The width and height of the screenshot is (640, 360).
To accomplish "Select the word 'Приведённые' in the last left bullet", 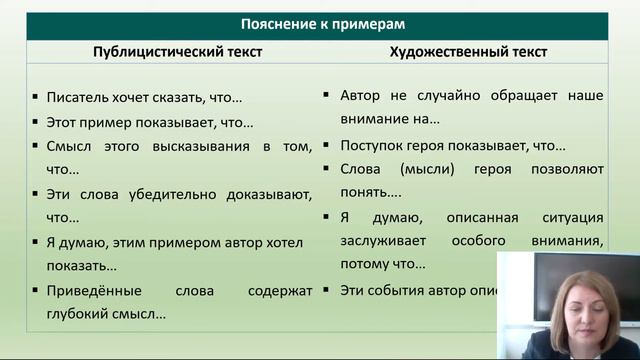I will click(92, 291).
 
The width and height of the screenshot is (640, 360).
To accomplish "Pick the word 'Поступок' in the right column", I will click(371, 145).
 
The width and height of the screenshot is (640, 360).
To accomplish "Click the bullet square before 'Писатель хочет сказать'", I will click(35, 98).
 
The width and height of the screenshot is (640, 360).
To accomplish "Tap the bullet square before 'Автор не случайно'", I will click(326, 96).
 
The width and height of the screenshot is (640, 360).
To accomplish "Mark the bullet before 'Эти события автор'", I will click(326, 290).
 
